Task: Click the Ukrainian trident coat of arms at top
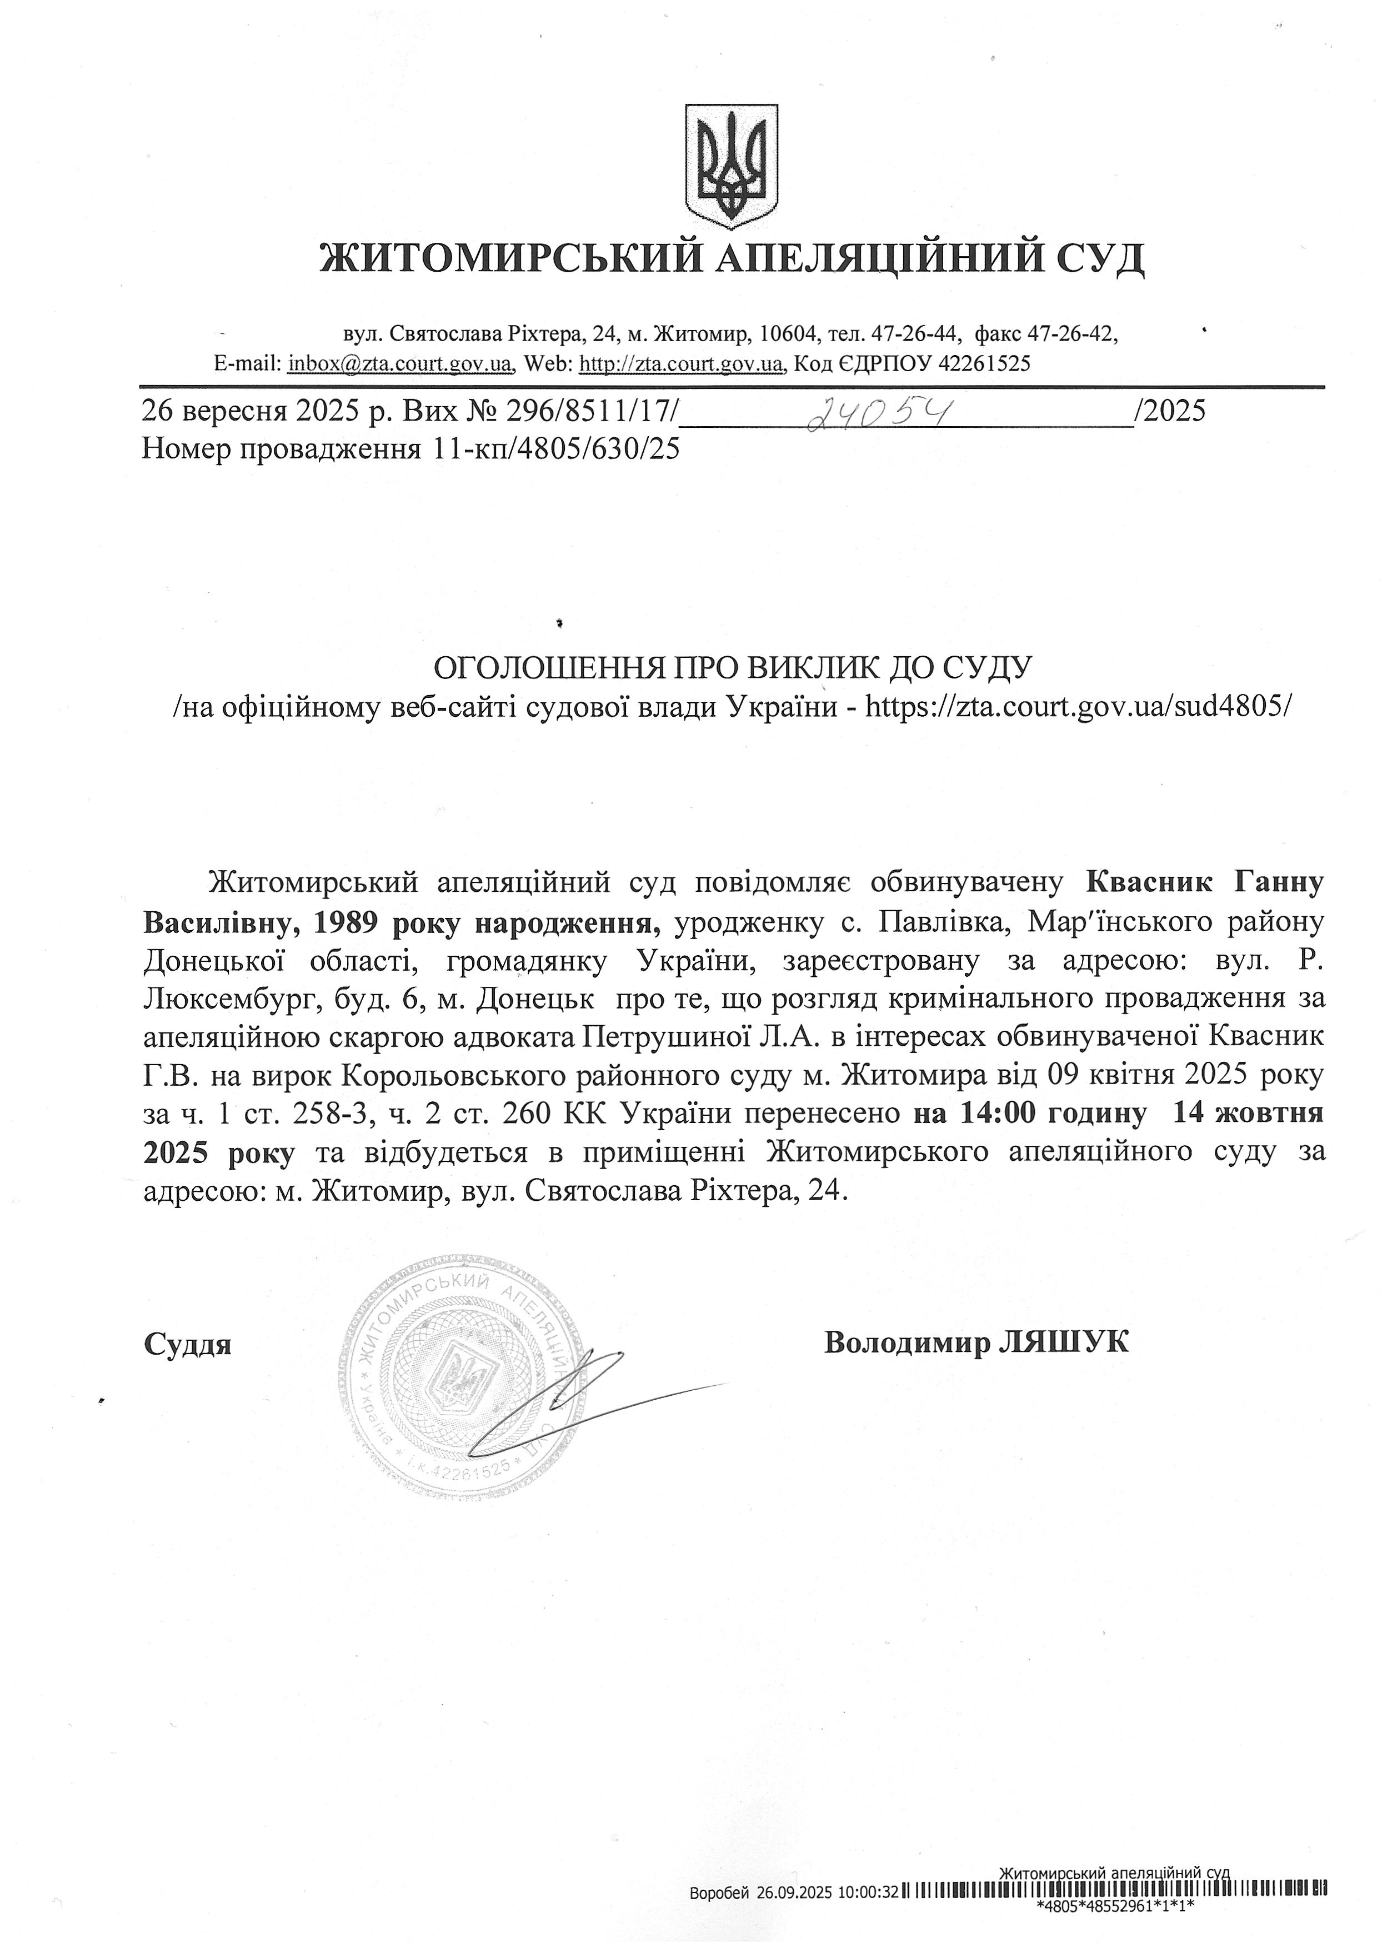pos(732,166)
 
